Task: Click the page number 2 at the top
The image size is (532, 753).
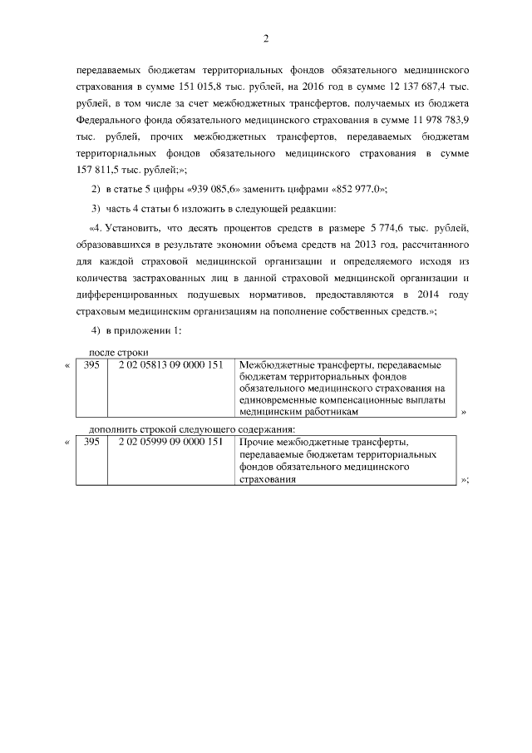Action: [266, 39]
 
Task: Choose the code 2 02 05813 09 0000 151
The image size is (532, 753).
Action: [170, 365]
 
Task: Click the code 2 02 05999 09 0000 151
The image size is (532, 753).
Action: [170, 443]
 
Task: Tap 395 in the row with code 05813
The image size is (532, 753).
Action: [91, 365]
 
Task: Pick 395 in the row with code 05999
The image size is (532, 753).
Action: [91, 443]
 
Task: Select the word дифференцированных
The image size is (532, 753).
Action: [138, 295]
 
